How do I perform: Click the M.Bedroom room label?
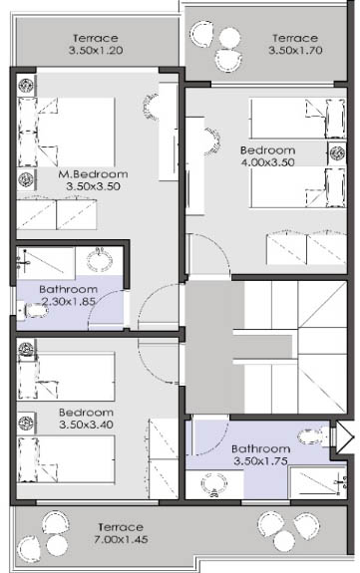pyautogui.click(x=94, y=174)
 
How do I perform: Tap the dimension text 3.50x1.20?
pyautogui.click(x=96, y=50)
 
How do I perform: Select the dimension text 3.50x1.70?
pyautogui.click(x=295, y=50)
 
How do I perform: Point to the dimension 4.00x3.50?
pyautogui.click(x=268, y=162)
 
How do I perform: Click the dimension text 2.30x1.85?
pyautogui.click(x=69, y=302)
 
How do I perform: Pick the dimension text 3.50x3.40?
pyautogui.click(x=86, y=425)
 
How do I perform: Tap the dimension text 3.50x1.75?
pyautogui.click(x=260, y=460)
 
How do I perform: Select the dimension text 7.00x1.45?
pyautogui.click(x=121, y=539)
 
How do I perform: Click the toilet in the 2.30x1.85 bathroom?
pyautogui.click(x=33, y=311)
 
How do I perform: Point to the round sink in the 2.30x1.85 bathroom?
pyautogui.click(x=100, y=259)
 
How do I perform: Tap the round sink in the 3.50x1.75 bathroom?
pyautogui.click(x=214, y=484)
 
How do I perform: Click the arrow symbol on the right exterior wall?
pyautogui.click(x=345, y=437)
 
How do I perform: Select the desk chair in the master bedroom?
pyautogui.click(x=151, y=107)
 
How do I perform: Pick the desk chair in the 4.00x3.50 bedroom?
pyautogui.click(x=212, y=142)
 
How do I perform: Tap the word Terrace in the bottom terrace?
pyautogui.click(x=121, y=527)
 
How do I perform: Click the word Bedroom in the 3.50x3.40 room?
pyautogui.click(x=86, y=413)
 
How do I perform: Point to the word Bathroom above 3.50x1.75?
pyautogui.click(x=261, y=448)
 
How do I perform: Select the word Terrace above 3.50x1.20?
pyautogui.click(x=96, y=39)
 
